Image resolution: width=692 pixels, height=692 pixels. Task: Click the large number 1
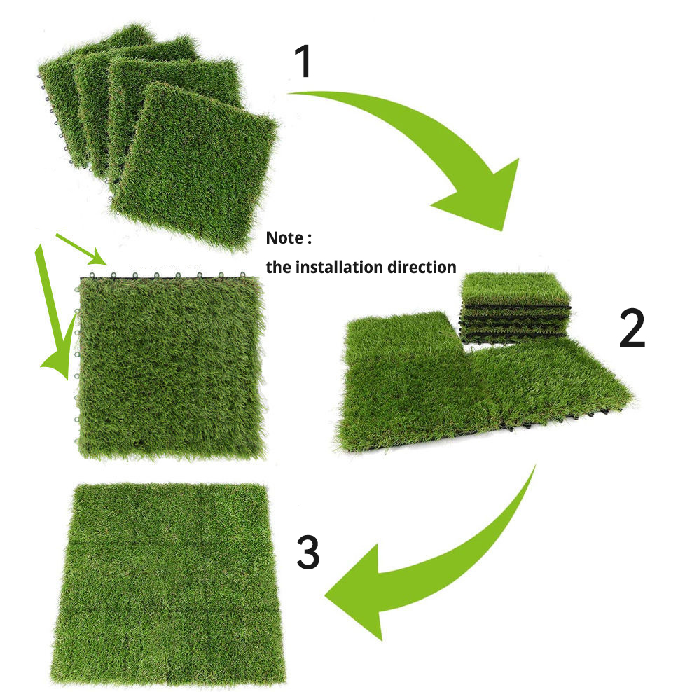(303, 62)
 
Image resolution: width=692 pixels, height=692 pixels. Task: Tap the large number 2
(632, 328)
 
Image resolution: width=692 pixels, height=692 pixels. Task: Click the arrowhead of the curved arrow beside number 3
(357, 591)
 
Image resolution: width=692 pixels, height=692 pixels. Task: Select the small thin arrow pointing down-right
(81, 249)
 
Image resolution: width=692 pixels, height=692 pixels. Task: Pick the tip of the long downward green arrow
(67, 380)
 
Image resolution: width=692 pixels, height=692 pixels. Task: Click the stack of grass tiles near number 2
(515, 307)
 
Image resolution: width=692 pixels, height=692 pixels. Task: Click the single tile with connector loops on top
(170, 366)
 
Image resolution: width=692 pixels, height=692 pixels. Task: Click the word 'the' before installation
(278, 267)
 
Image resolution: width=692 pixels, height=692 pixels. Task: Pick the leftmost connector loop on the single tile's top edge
(92, 275)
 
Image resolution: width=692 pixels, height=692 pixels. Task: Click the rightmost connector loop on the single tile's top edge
(242, 275)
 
